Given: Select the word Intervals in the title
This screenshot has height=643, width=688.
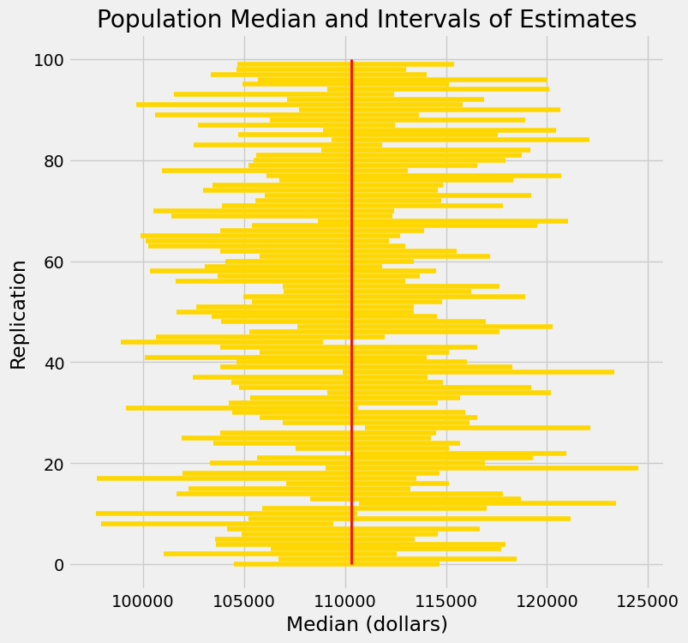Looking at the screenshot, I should tap(445, 20).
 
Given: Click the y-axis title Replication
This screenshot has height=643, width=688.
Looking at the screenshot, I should tap(19, 314).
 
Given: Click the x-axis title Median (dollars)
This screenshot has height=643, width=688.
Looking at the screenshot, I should tap(367, 624).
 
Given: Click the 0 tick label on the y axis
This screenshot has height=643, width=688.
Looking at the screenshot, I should tap(59, 565).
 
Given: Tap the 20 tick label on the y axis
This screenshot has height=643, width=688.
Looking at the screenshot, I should tap(54, 464).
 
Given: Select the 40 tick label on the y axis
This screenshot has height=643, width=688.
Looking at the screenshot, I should tap(54, 363).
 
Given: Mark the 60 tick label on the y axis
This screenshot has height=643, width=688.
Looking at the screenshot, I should tap(54, 261).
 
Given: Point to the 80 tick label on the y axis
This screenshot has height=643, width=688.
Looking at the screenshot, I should tap(54, 160).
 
